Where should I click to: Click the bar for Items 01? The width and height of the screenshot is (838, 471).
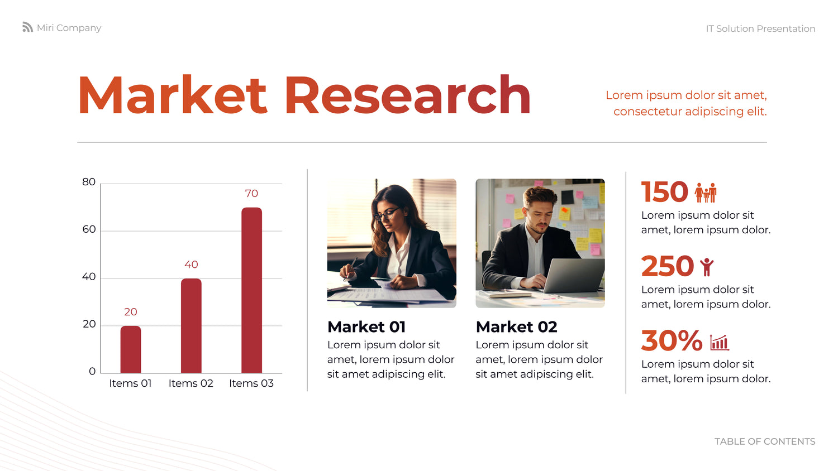click(131, 349)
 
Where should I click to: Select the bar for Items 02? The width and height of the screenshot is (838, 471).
click(191, 325)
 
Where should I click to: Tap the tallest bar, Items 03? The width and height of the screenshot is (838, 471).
click(252, 290)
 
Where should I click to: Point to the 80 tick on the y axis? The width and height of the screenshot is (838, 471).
click(89, 182)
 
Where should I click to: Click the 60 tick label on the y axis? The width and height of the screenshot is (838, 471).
click(89, 229)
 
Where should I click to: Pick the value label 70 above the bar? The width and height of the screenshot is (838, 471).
click(251, 194)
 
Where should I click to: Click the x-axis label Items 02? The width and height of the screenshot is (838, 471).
click(191, 383)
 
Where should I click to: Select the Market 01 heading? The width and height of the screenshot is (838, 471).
click(366, 327)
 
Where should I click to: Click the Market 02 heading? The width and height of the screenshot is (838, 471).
click(516, 327)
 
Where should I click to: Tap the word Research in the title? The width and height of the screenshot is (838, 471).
click(407, 95)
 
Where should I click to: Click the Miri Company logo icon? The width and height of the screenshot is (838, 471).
click(28, 27)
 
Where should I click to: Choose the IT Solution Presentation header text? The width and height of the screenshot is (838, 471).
click(760, 29)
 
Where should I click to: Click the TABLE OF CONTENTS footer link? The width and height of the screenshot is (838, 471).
click(765, 441)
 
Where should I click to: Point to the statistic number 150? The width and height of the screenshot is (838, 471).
click(664, 192)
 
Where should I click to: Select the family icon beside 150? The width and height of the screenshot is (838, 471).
click(706, 193)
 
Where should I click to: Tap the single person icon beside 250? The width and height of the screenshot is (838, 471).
click(707, 267)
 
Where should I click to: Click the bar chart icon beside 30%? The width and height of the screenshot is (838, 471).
click(720, 343)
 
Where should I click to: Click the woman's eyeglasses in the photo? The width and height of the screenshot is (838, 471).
click(387, 214)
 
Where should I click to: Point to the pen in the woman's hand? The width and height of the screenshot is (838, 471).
click(350, 268)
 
